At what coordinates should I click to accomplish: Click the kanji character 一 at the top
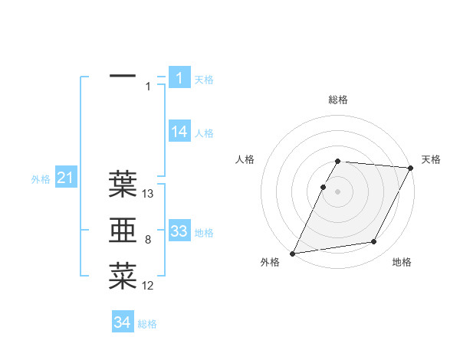pos(123,77)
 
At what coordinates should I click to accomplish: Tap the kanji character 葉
pos(123,184)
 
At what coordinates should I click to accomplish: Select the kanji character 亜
pos(123,231)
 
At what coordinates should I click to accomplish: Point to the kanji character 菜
pos(123,276)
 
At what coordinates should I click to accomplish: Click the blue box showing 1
pos(179,77)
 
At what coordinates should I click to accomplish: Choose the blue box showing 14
pos(179,132)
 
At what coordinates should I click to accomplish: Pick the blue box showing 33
pos(179,231)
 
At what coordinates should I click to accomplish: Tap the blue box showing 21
pos(65,178)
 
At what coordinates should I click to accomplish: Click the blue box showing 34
pos(123,322)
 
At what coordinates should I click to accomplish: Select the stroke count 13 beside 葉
pos(149,194)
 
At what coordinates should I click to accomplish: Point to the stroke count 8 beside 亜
pos(147,241)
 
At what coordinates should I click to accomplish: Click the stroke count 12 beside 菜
pos(148,286)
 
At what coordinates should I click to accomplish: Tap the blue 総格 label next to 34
pos(147,324)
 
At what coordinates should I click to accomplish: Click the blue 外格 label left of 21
pos(41,179)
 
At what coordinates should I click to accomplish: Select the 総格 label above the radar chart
pos(338,100)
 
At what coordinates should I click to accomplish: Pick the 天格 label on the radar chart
pos(432,159)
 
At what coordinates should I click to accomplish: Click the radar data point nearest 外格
pos(292,254)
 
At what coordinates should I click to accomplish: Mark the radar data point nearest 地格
pos(374,242)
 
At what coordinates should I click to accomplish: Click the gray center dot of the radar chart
pos(338,191)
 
